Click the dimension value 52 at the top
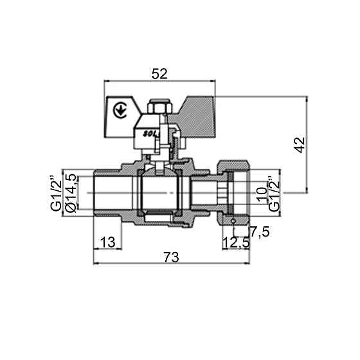pyautogui.click(x=159, y=74)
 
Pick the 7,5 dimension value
pyautogui.click(x=259, y=230)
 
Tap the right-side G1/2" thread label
pyautogui.click(x=274, y=193)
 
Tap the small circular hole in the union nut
pyautogui.click(x=233, y=220)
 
